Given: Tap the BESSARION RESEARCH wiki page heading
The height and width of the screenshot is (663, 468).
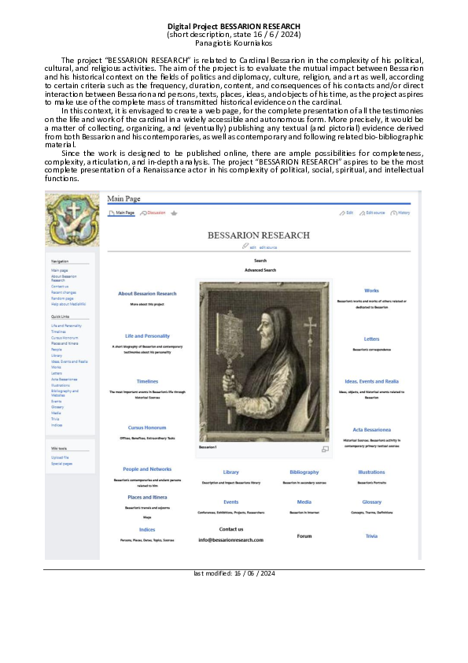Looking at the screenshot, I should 259,235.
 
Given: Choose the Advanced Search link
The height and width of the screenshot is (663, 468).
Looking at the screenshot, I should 260,270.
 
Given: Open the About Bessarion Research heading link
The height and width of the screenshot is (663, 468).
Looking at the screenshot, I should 147,294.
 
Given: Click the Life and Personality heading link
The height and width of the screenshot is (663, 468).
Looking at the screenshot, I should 147,336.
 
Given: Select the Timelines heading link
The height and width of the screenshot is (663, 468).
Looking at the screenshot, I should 147,381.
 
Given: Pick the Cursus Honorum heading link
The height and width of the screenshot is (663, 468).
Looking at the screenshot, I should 147,428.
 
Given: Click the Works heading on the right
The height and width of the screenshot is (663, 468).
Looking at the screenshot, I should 371,291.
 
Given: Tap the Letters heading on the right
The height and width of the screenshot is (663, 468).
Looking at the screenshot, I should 371,339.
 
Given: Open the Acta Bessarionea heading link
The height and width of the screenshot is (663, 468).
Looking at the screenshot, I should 371,430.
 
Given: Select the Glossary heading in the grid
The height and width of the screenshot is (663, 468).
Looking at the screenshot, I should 371,502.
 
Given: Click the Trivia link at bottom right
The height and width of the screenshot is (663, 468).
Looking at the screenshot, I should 371,535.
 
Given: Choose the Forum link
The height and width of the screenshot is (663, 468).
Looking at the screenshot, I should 304,536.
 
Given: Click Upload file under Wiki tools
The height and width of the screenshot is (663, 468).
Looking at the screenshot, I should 60,457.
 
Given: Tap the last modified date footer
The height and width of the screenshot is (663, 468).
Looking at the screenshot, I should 234,573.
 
